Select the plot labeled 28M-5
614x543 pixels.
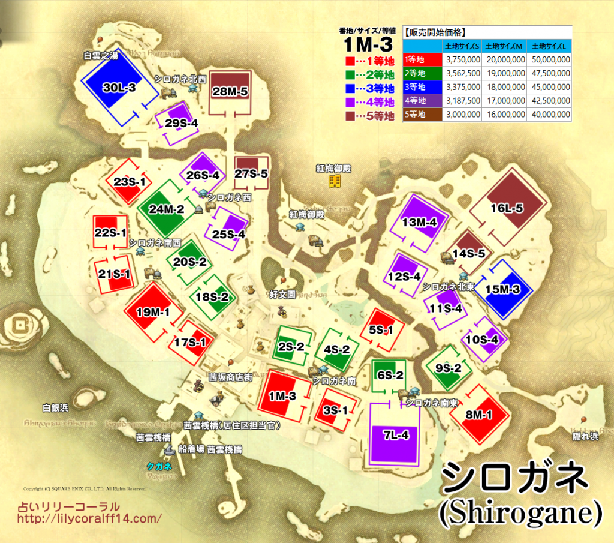click(230, 92)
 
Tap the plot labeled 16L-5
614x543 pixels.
click(507, 208)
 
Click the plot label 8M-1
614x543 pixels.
click(478, 414)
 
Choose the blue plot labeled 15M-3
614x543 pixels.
click(502, 289)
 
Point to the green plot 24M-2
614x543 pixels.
click(161, 209)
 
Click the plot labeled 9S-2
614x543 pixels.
click(448, 368)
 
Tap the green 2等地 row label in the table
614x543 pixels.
click(422, 73)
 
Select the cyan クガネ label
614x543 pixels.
click(159, 466)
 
